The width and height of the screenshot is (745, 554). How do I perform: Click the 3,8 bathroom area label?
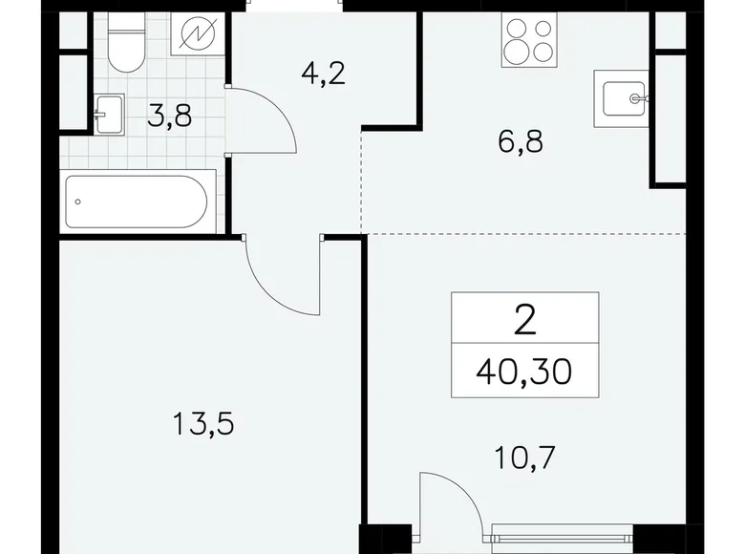pyautogui.click(x=169, y=118)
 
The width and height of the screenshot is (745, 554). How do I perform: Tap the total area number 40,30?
pyautogui.click(x=523, y=368)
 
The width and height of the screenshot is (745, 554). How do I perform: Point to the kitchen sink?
pyautogui.click(x=622, y=96)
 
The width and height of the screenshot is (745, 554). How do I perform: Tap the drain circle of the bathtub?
pyautogui.click(x=78, y=202)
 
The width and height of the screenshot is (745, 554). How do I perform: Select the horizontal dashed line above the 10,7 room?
pyautogui.click(x=525, y=233)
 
